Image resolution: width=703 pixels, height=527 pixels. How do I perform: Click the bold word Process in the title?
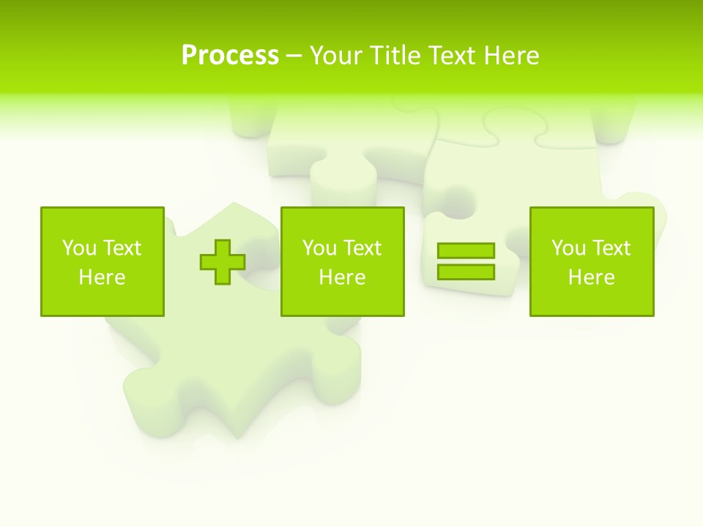[230, 56]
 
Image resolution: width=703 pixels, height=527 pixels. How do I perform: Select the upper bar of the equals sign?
[466, 251]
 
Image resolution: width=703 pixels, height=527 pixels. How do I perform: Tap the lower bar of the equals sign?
[466, 272]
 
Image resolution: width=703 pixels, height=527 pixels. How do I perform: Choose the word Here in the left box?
[102, 277]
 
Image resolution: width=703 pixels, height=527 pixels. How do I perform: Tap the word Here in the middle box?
[342, 277]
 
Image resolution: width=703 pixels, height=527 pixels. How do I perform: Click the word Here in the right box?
[591, 277]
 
